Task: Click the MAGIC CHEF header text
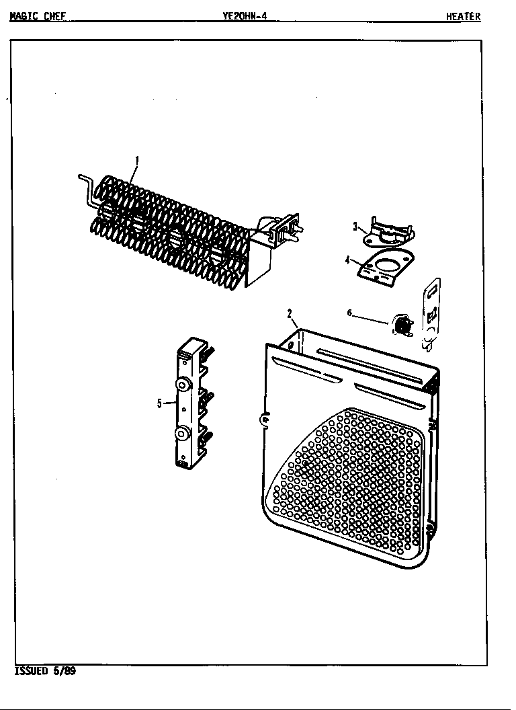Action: (x=38, y=17)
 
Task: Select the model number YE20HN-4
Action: (x=245, y=17)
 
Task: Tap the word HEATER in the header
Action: (x=464, y=17)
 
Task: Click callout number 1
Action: (x=137, y=160)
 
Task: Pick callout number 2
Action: (x=289, y=313)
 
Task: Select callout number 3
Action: (x=355, y=227)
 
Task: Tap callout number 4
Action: (x=347, y=260)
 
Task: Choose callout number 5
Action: (x=159, y=403)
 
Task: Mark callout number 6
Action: (x=349, y=312)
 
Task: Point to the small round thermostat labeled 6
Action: (x=402, y=325)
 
